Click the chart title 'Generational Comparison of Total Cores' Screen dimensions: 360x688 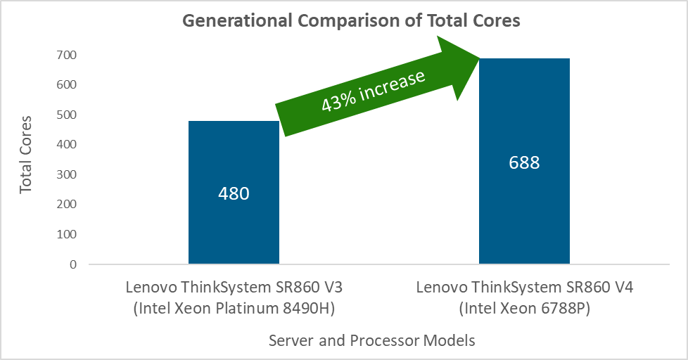[x=351, y=20]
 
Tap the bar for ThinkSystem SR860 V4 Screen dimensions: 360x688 [x=524, y=211]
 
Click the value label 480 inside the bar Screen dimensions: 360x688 [x=234, y=193]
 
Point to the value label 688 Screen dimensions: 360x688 [x=524, y=162]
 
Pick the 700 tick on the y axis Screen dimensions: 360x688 [x=68, y=55]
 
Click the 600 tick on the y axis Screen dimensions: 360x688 [x=68, y=85]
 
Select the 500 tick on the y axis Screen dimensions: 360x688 [x=68, y=115]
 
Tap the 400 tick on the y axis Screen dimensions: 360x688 [x=68, y=145]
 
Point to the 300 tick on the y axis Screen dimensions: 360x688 [x=68, y=174]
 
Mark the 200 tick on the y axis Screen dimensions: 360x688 [x=68, y=205]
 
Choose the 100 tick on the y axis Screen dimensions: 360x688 [x=68, y=234]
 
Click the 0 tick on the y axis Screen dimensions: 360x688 [x=73, y=264]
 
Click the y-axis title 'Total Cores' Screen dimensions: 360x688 [x=27, y=155]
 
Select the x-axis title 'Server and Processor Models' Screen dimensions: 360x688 [x=371, y=341]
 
